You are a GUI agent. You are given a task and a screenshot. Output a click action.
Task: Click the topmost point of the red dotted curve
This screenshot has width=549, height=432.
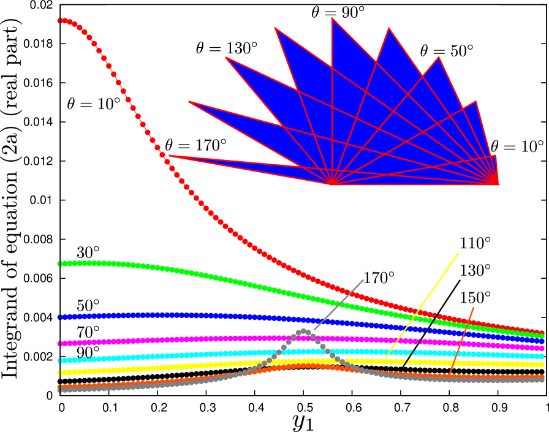61,21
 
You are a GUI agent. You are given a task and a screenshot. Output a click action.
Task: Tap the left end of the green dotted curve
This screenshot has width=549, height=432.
60,263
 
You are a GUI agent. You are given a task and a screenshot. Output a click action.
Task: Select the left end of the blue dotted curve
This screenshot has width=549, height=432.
60,317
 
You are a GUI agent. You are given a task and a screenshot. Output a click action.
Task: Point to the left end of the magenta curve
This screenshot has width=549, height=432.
60,344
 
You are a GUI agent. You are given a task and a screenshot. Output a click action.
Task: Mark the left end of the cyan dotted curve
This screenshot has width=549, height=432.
60,360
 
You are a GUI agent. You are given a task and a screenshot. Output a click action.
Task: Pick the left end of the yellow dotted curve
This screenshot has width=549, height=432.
60,373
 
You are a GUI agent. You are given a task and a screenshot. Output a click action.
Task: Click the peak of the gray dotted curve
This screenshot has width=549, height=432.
303,332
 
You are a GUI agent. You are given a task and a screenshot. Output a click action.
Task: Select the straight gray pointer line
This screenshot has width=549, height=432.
339,305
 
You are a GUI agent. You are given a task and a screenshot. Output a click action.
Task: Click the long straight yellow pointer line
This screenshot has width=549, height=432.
423,304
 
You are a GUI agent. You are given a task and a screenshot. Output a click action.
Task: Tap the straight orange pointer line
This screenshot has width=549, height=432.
462,340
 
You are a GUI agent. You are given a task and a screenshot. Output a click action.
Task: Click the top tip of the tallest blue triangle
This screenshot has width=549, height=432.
332,18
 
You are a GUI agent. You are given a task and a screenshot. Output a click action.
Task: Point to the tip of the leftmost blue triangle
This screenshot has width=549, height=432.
169,156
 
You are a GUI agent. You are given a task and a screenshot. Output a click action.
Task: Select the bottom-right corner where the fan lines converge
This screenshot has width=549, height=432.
498,184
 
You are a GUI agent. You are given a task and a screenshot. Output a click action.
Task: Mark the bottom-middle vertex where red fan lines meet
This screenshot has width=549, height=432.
331,184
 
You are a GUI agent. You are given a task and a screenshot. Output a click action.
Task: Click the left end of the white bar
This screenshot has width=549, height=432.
107,8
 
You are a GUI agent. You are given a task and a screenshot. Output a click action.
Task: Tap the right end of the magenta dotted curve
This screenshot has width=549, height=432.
541,348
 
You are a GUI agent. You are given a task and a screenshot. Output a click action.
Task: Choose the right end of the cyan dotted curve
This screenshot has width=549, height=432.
541,356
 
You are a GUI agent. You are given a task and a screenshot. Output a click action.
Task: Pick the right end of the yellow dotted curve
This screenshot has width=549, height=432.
541,364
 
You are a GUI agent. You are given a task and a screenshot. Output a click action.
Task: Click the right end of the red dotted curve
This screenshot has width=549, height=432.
541,333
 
